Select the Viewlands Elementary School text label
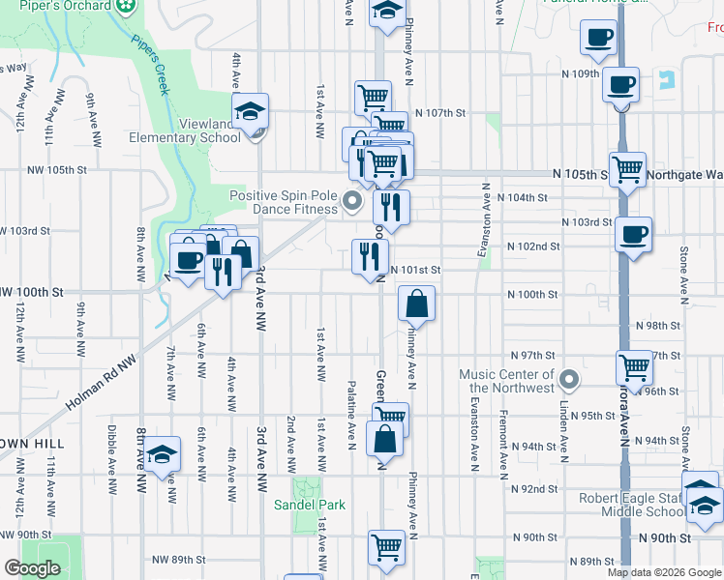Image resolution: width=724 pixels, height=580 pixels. (185, 130)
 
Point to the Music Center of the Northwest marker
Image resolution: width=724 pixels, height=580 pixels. (569, 381)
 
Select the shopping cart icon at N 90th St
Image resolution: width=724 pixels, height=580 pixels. (386, 546)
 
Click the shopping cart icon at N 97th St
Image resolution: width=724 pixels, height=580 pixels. (634, 366)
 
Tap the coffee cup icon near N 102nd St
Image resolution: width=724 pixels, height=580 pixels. (633, 234)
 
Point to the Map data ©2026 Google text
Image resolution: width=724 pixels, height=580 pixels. (663, 572)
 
